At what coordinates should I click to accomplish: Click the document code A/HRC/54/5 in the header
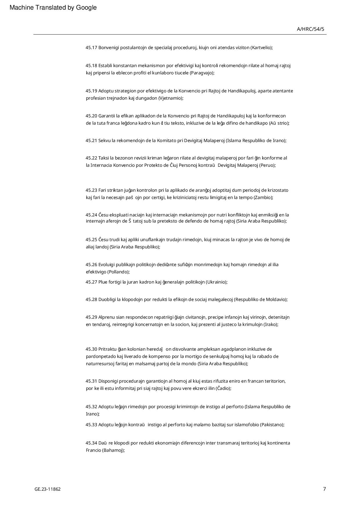(x=310, y=29)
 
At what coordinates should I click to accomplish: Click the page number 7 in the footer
(x=324, y=489)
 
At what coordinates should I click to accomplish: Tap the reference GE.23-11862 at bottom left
(x=48, y=489)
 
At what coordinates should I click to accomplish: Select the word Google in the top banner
(x=86, y=8)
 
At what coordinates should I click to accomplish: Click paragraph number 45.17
(x=91, y=47)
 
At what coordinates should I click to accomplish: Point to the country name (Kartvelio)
(x=262, y=47)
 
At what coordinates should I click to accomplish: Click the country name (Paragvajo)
(x=202, y=73)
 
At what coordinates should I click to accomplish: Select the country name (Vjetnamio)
(x=171, y=98)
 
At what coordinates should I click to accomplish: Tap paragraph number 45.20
(x=91, y=116)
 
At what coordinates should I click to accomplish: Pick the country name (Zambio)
(x=263, y=197)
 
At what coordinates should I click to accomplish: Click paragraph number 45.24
(x=91, y=215)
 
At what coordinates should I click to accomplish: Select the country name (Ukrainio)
(x=217, y=282)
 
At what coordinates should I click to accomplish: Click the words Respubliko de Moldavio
(x=261, y=299)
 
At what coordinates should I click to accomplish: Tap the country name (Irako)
(x=271, y=324)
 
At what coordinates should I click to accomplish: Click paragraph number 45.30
(x=91, y=349)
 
